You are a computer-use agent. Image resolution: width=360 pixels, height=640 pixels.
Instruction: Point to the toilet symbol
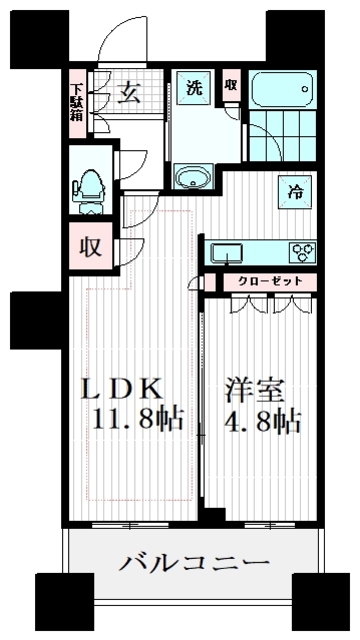point(88,186)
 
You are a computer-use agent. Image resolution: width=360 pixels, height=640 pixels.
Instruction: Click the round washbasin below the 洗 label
point(193,179)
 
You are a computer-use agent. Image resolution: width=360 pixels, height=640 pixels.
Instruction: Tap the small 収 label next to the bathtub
point(231,86)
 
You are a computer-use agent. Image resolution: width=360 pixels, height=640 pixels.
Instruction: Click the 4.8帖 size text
point(262,420)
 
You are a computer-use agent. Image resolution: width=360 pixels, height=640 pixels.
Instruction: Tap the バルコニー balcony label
point(195,563)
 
